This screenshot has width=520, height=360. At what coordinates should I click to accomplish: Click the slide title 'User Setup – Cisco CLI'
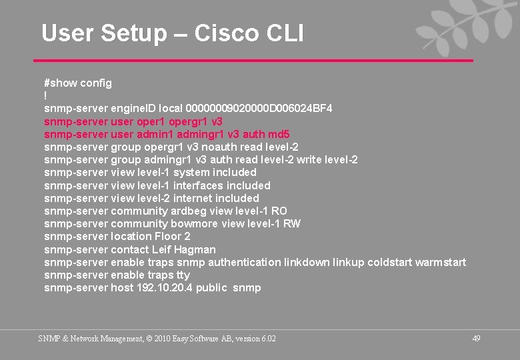[172, 33]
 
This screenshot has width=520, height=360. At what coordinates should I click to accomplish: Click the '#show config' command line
[78, 83]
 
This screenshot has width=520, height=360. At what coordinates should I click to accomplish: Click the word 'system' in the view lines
[191, 173]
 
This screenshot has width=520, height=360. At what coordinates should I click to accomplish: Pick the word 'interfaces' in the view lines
[198, 185]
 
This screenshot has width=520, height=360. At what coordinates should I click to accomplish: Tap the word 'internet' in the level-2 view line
[195, 198]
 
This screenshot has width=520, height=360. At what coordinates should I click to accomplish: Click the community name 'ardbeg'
[189, 211]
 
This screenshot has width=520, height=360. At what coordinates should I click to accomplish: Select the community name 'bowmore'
[195, 223]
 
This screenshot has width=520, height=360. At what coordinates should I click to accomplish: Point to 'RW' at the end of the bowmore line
[292, 223]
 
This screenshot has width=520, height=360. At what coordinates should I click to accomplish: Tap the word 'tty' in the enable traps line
[183, 275]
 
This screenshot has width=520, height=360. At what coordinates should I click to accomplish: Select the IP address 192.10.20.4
[163, 288]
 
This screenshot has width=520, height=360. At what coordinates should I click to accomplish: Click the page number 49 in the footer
[476, 339]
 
